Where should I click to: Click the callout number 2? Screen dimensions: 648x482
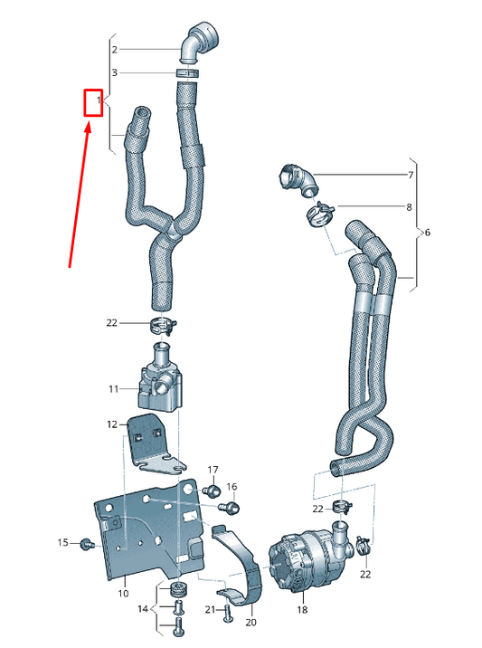115,49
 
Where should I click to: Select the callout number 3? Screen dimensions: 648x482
115,72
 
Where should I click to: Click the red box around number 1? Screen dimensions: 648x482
93,103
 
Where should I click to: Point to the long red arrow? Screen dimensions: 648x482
79,195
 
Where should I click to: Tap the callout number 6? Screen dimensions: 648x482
428,233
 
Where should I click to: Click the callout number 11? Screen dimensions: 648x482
114,389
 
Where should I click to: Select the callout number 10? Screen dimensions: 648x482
124,594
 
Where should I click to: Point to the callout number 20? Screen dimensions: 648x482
250,623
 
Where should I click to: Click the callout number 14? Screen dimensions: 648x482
142,609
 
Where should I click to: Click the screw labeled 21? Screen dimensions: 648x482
227,615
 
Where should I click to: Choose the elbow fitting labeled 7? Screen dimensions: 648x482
298,177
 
